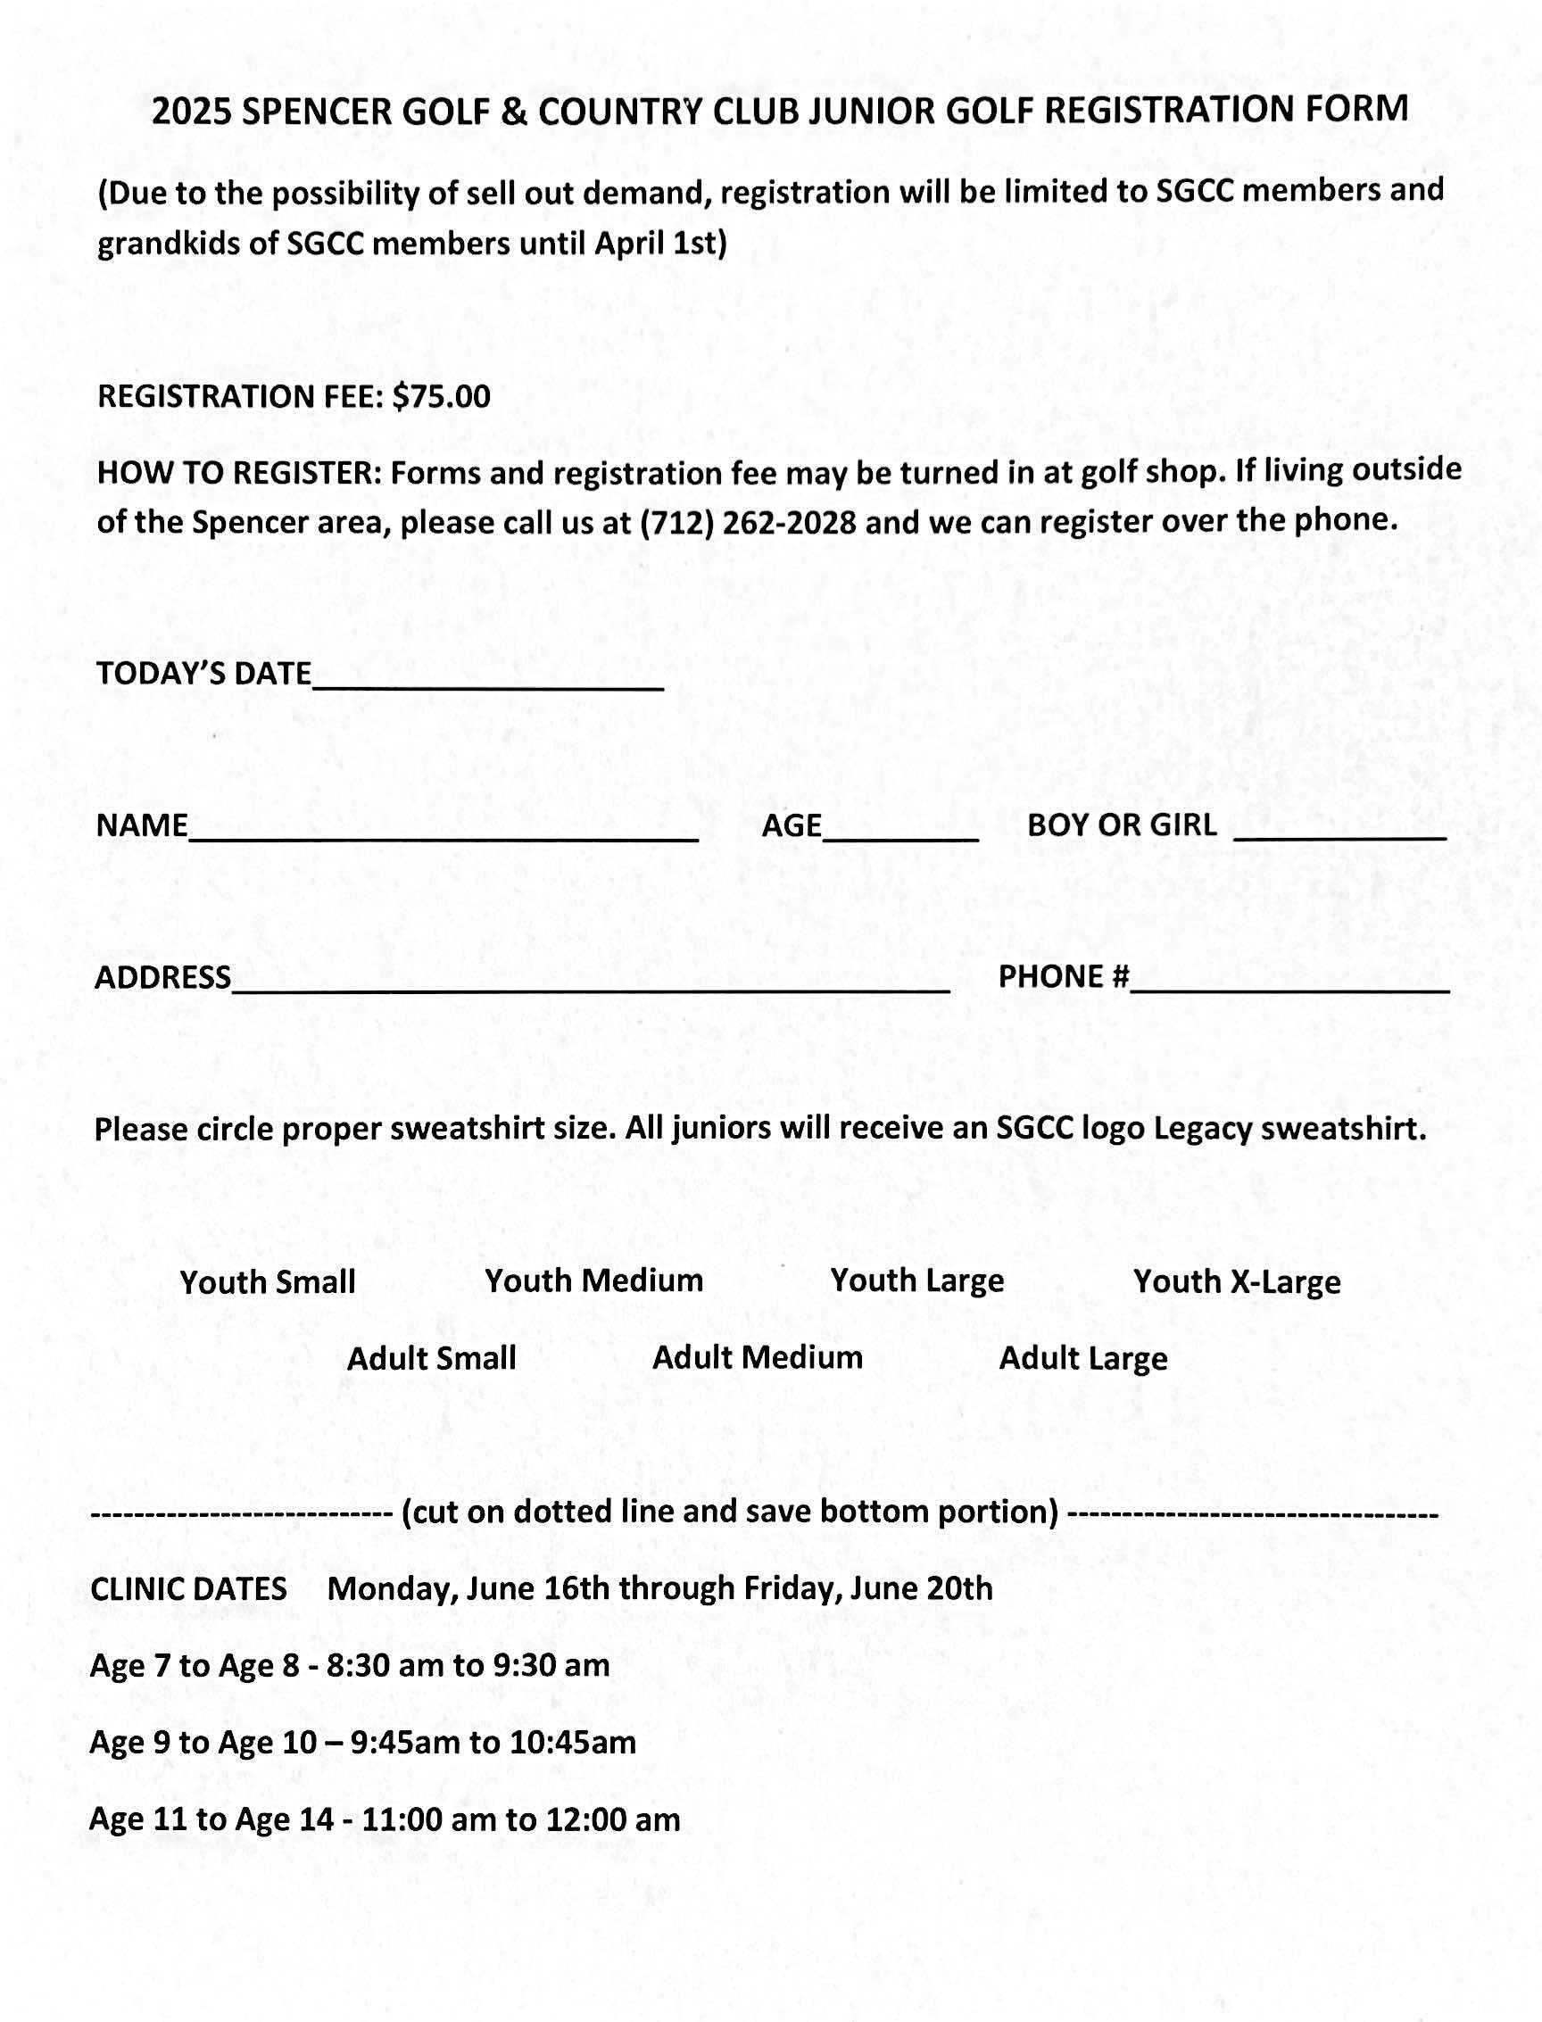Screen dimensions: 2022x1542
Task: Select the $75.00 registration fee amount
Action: tap(441, 396)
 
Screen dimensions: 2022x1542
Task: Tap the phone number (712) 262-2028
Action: tap(748, 522)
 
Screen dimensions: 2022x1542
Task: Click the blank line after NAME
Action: tap(444, 832)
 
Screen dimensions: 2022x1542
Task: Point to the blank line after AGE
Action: tap(899, 832)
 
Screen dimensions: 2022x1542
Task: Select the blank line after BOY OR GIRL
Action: tap(1339, 831)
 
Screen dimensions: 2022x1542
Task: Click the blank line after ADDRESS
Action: tap(590, 984)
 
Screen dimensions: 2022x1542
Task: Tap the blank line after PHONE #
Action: tap(1289, 984)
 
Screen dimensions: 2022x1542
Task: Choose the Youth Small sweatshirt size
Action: tap(267, 1282)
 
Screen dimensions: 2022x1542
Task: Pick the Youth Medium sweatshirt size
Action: tap(593, 1280)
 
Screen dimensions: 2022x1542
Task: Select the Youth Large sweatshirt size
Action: tap(917, 1280)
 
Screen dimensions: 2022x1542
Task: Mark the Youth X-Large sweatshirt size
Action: tap(1236, 1281)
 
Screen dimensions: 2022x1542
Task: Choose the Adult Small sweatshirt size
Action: tap(431, 1358)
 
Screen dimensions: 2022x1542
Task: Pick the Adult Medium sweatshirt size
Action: tap(758, 1357)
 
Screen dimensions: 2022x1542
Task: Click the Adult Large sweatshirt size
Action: tap(1083, 1358)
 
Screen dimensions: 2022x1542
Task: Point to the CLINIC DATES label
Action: tap(188, 1589)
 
